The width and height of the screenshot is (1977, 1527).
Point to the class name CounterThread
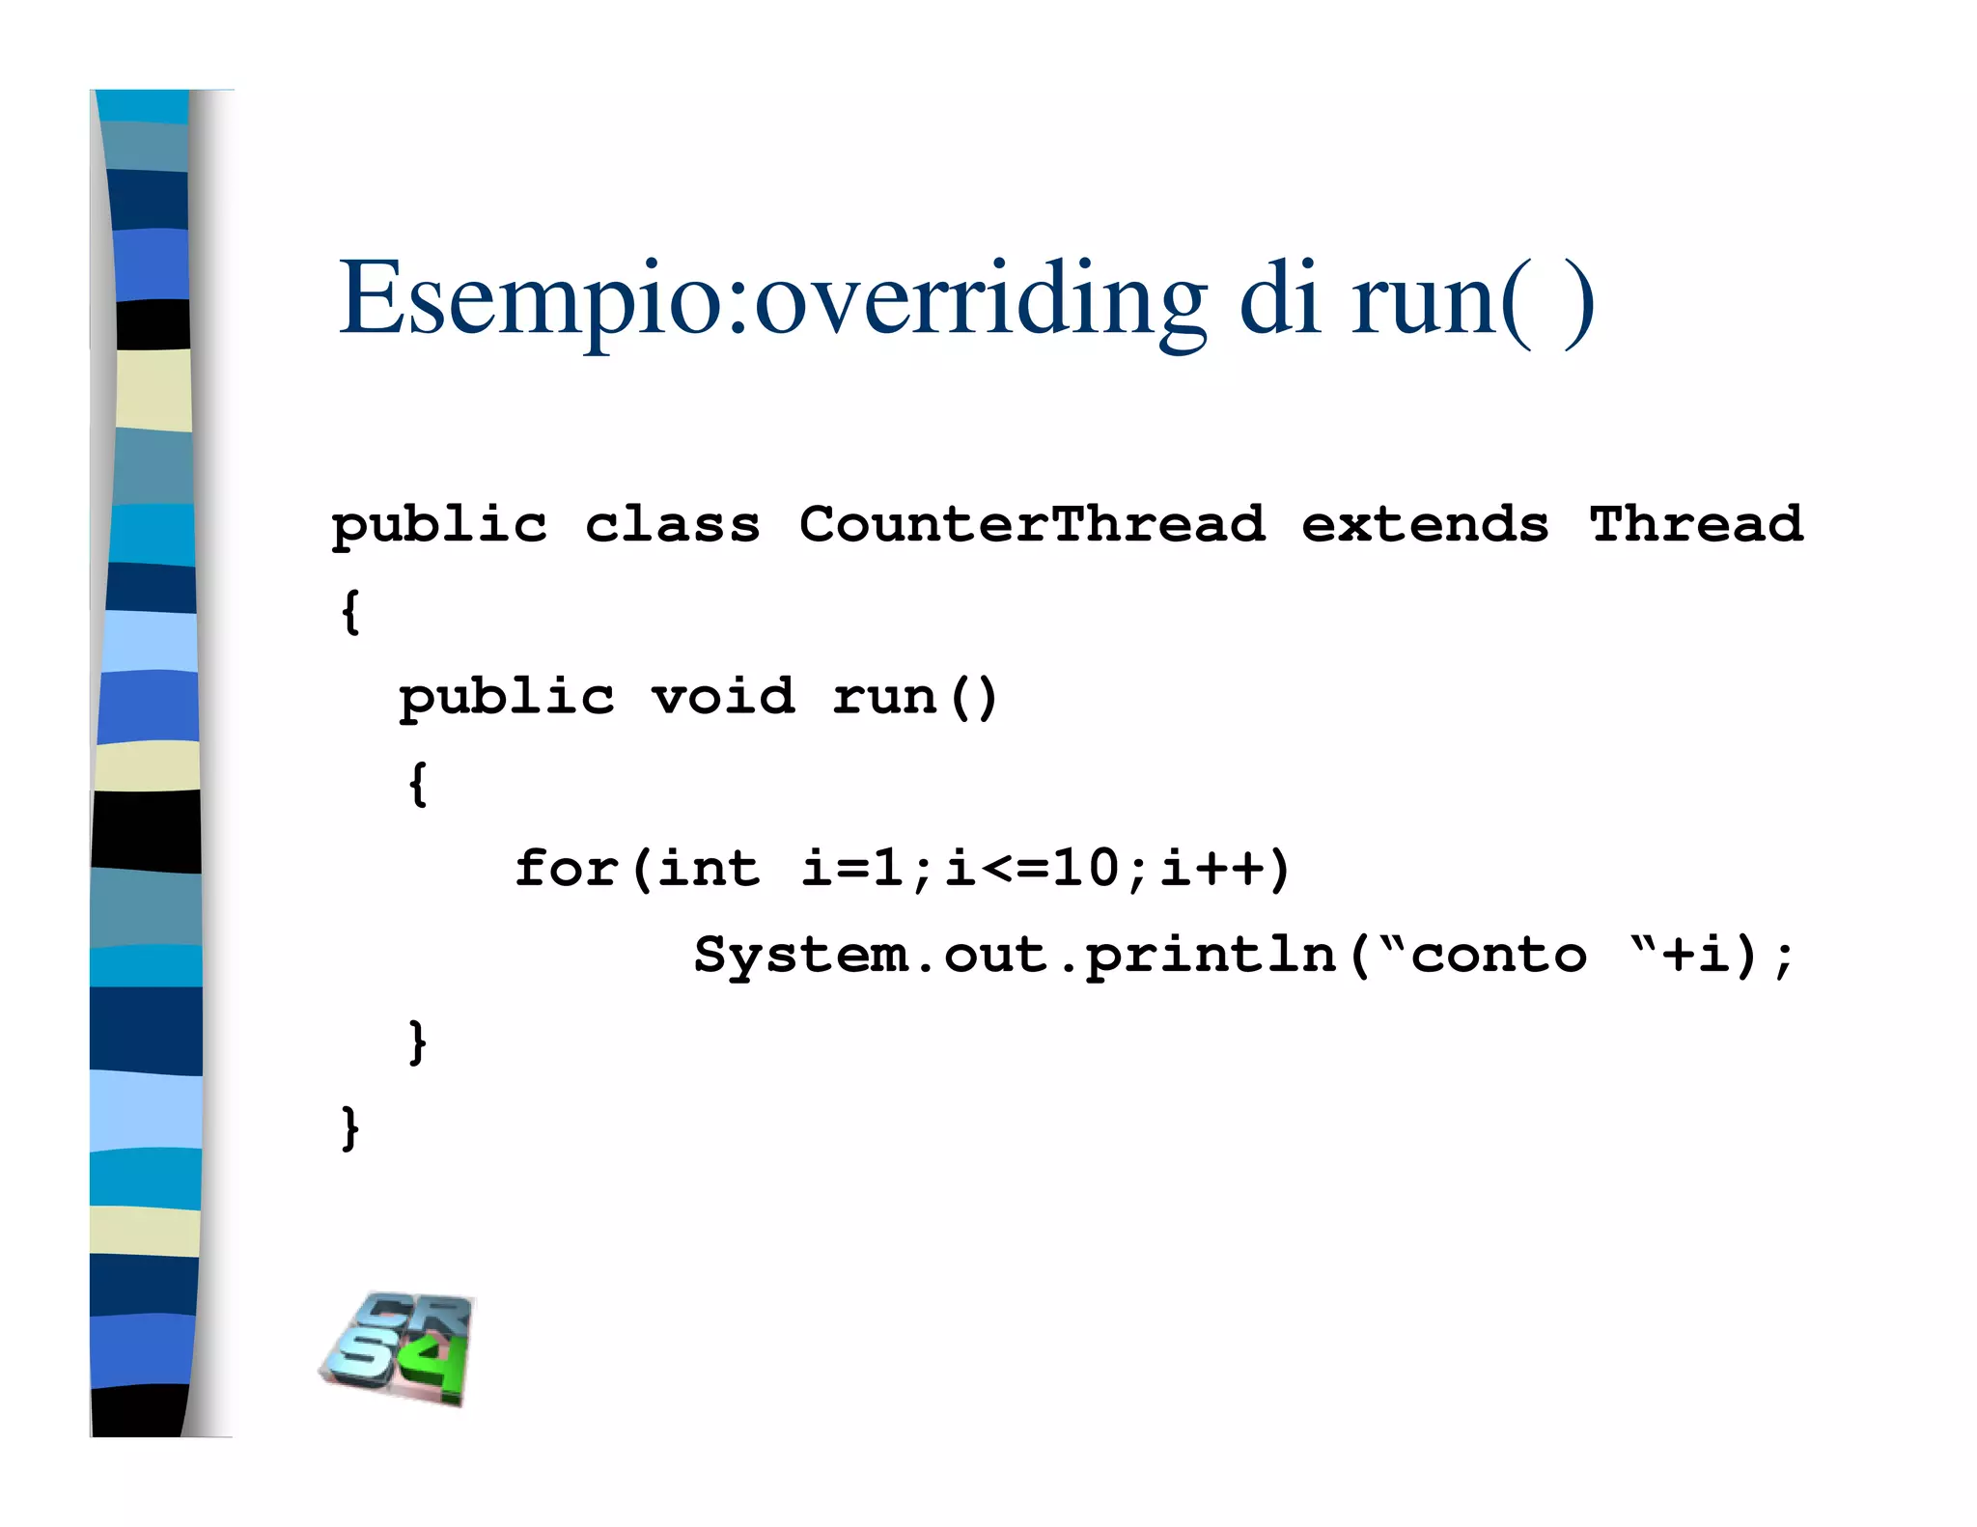pos(1032,525)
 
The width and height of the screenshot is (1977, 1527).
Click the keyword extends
pos(1425,525)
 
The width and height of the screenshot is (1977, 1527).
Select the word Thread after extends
pos(1696,525)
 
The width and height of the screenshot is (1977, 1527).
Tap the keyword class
pos(672,525)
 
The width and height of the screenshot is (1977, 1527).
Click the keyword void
pos(723,696)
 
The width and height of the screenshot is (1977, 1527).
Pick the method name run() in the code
pos(914,697)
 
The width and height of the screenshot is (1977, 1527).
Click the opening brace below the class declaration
pos(350,611)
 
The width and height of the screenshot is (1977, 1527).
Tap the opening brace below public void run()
pos(417,783)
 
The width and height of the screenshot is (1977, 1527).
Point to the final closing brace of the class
pos(350,1127)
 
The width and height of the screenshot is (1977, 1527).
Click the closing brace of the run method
pos(417,1041)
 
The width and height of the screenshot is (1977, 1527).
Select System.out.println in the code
pos(1015,956)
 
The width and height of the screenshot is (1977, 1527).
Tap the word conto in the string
pos(1498,956)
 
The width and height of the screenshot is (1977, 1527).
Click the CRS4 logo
pos(398,1348)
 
